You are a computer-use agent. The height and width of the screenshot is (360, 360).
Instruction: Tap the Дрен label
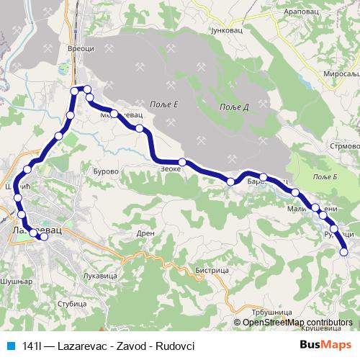coord(145,233)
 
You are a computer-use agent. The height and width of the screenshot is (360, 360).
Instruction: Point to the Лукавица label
coord(100,276)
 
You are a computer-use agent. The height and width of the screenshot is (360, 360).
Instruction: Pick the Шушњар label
coord(16,282)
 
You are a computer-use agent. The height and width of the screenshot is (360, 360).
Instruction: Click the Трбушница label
coord(272,312)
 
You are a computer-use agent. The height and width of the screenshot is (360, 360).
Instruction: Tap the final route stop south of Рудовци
coord(343,251)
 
